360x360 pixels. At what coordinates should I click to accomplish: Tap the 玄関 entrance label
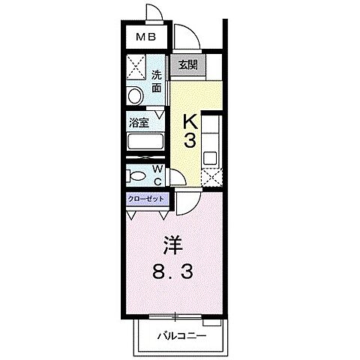[x=187, y=65]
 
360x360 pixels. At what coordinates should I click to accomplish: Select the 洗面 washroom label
[x=157, y=81]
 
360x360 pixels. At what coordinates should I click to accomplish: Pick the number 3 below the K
[x=190, y=140]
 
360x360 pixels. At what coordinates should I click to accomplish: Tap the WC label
[x=158, y=175]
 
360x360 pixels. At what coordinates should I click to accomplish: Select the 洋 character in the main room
[x=173, y=244]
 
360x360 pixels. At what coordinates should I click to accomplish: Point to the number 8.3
[x=174, y=272]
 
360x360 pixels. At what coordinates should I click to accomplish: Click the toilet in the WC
[x=138, y=175]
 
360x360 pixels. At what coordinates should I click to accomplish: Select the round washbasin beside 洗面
[x=135, y=97]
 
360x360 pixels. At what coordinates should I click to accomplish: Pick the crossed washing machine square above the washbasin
[x=136, y=68]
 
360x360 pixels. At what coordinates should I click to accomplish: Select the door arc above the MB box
[x=153, y=12]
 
